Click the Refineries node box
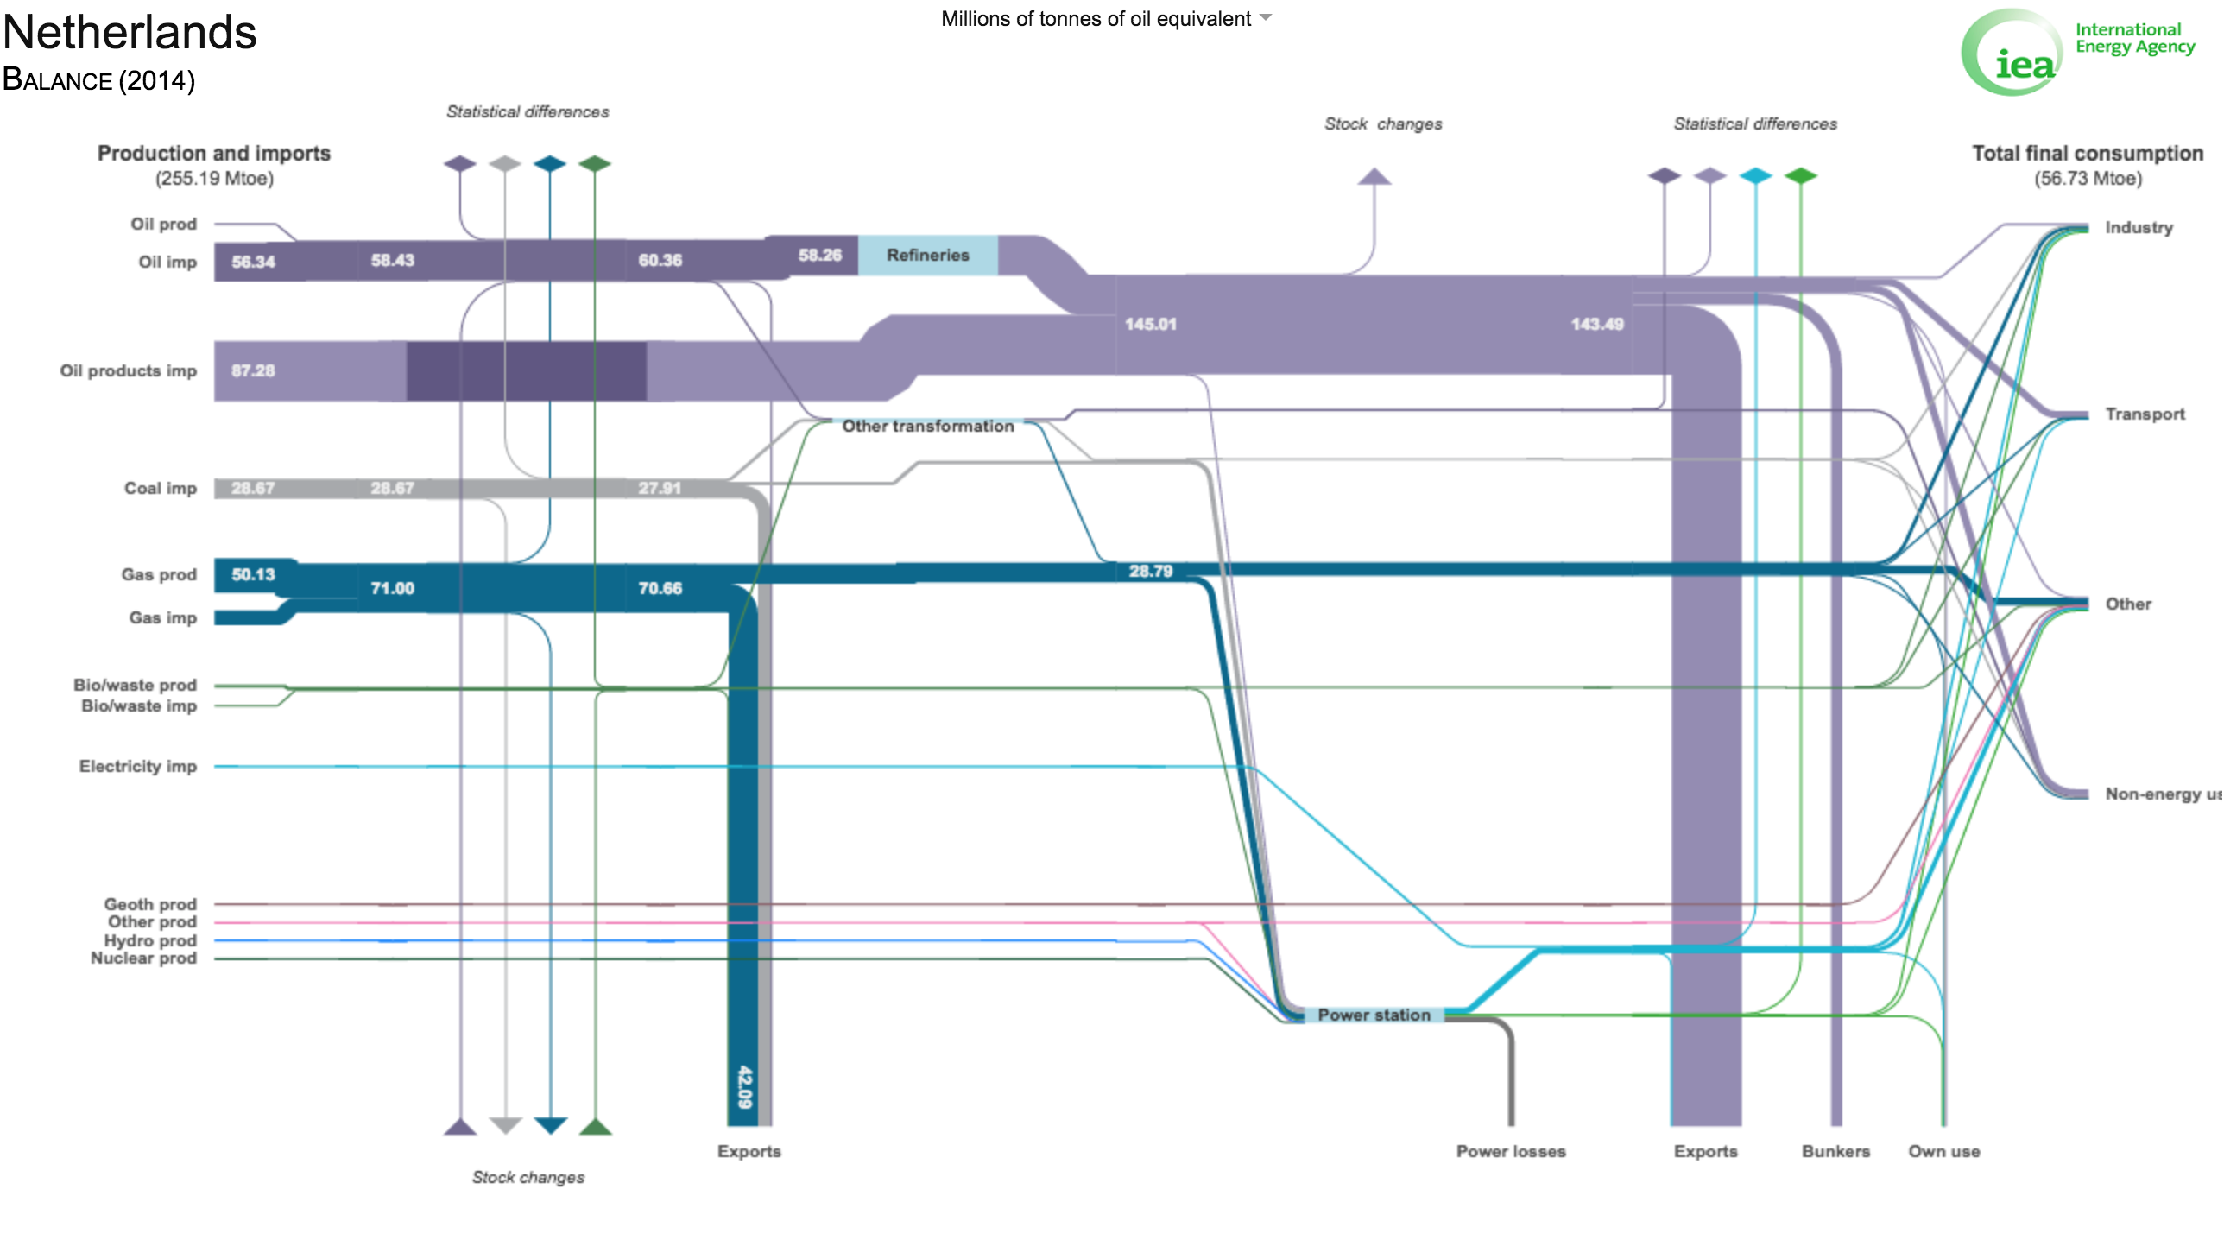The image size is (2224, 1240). [x=927, y=255]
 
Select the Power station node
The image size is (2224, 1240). [x=1374, y=1015]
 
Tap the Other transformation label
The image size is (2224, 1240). [x=928, y=426]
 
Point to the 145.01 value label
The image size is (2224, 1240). [x=1150, y=324]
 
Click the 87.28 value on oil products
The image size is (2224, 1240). [x=253, y=370]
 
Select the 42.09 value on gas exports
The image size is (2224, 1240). [x=744, y=1087]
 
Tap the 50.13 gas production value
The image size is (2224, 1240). [x=253, y=574]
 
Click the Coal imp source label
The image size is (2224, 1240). [x=161, y=488]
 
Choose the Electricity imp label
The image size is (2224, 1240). [x=138, y=766]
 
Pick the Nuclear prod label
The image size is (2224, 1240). [x=144, y=958]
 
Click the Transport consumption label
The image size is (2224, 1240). [x=2145, y=414]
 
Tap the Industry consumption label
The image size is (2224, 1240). [x=2139, y=227]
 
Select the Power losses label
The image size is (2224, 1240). [x=1511, y=1151]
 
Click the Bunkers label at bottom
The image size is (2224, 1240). [x=1835, y=1151]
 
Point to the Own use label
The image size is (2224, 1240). [x=1944, y=1151]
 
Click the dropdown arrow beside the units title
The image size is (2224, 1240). [x=1266, y=17]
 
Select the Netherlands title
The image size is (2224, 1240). [x=130, y=32]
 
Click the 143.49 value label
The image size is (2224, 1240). [x=1597, y=324]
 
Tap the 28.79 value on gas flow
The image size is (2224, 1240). [x=1151, y=571]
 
